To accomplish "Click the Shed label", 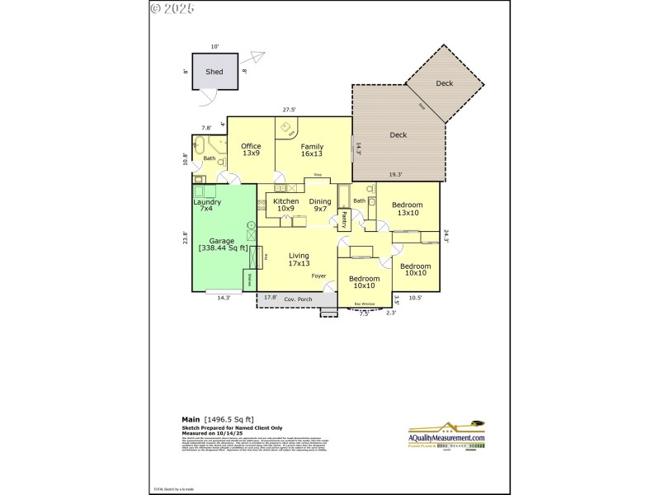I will pyautogui.click(x=214, y=72).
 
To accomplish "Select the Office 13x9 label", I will pyautogui.click(x=251, y=149).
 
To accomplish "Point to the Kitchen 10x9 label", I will pyautogui.click(x=285, y=205).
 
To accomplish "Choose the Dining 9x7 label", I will pyautogui.click(x=320, y=205).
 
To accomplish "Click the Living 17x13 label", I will pyautogui.click(x=299, y=260).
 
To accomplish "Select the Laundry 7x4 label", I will pyautogui.click(x=206, y=205).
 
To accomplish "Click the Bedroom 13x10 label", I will pyautogui.click(x=407, y=209).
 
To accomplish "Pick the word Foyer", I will pyautogui.click(x=318, y=275).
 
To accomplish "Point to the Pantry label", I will pyautogui.click(x=344, y=219).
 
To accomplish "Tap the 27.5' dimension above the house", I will pyautogui.click(x=289, y=110).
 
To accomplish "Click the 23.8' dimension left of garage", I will pyautogui.click(x=186, y=238).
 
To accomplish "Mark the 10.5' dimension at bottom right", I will pyautogui.click(x=416, y=299).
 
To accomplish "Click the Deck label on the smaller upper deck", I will pyautogui.click(x=445, y=83).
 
